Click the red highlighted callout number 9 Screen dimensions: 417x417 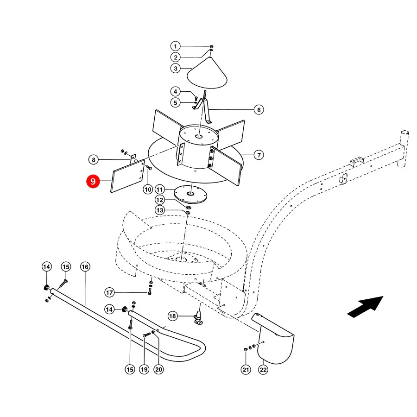pos(93,181)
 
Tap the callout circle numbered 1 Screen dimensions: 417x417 pos(175,46)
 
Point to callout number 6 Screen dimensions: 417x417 pos(259,109)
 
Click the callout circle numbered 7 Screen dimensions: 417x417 pos(259,155)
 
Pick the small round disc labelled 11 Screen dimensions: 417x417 pos(190,195)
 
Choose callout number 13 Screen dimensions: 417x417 pos(159,210)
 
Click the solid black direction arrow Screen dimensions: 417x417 pos(366,307)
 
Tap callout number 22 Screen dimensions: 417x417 pos(263,370)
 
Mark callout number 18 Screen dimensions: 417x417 pos(173,316)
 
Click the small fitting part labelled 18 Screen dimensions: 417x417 pos(199,318)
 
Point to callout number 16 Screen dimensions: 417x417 pos(85,267)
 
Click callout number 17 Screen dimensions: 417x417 pos(109,292)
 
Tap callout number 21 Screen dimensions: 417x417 pos(246,370)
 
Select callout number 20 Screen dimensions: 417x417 pos(158,369)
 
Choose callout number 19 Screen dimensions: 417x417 pos(144,369)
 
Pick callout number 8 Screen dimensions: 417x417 pos(94,160)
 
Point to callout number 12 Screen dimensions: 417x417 pos(159,200)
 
